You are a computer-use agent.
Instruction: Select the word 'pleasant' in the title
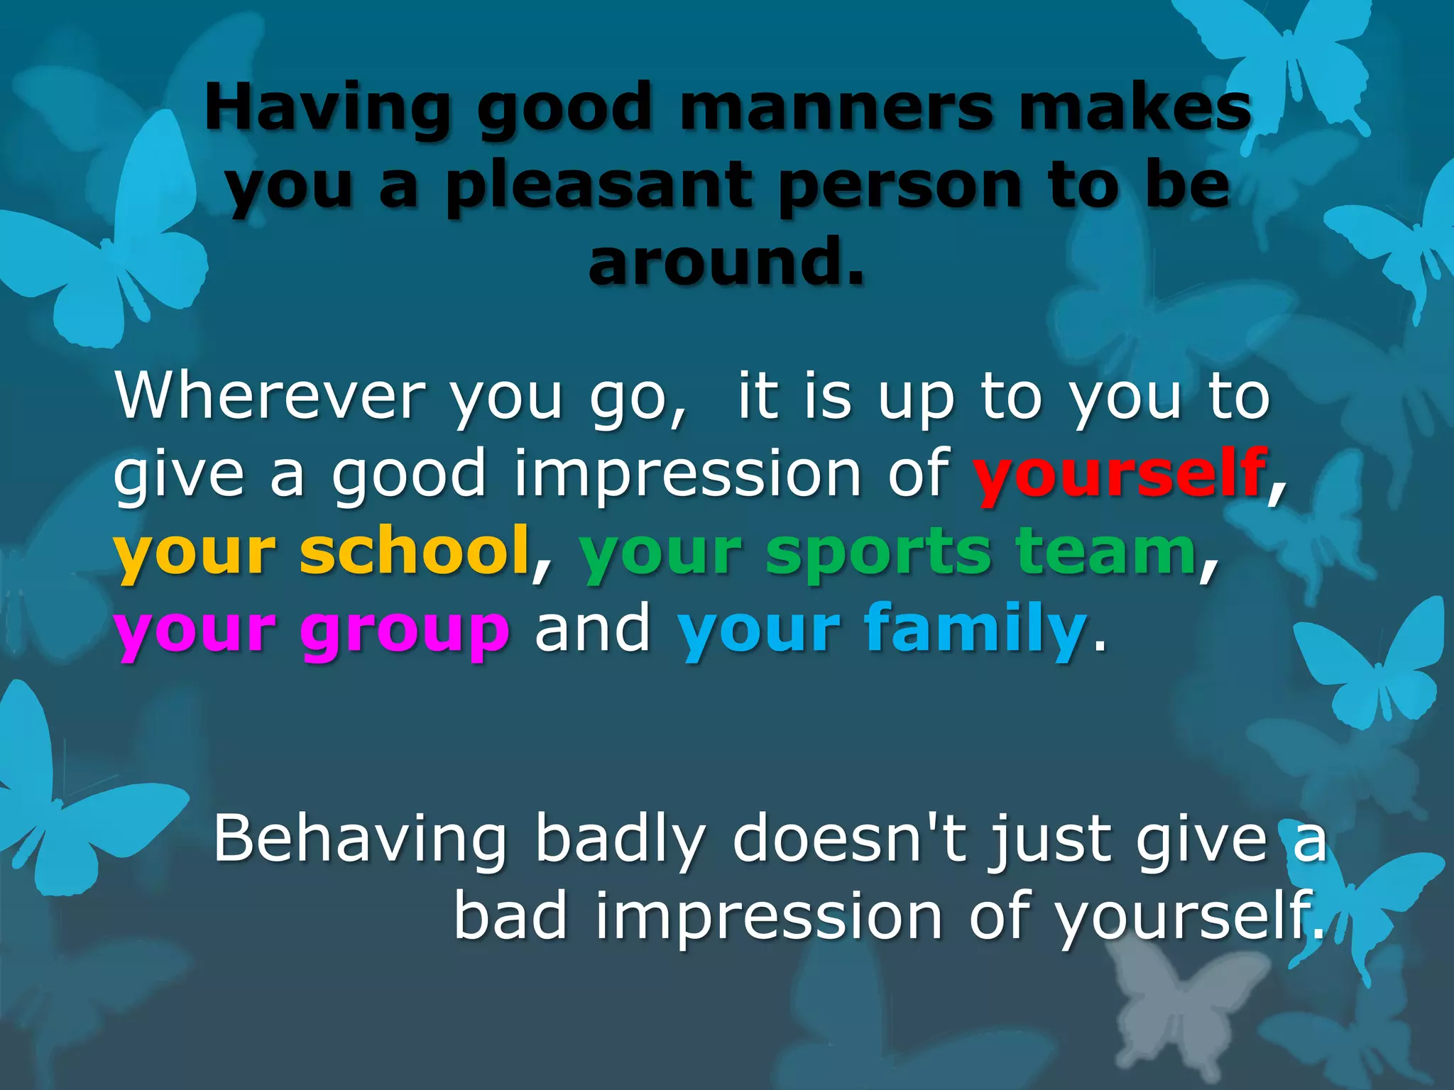coord(598,186)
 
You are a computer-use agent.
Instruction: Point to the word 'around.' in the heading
coord(726,263)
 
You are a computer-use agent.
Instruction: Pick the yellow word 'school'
coord(415,552)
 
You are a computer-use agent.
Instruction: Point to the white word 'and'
coord(593,627)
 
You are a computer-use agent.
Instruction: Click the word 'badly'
coord(620,840)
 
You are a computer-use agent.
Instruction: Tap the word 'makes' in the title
coord(1135,108)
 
